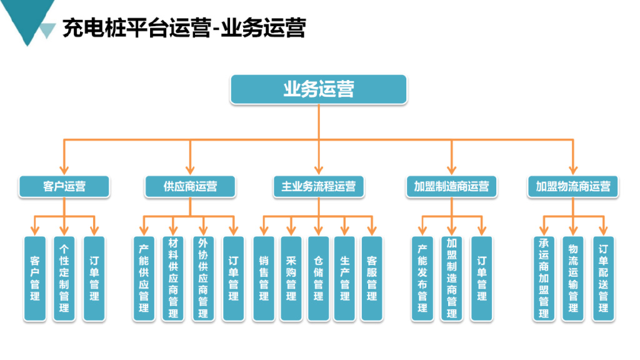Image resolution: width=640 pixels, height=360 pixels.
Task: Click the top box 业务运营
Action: (x=319, y=89)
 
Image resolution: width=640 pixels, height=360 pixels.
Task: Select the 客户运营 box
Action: (x=64, y=186)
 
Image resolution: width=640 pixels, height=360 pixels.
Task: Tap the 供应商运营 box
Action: (x=190, y=186)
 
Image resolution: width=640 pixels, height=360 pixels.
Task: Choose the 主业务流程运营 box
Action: (x=319, y=186)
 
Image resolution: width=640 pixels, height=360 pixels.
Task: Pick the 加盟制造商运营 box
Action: (x=451, y=186)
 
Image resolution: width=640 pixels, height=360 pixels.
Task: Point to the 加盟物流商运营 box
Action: (x=573, y=186)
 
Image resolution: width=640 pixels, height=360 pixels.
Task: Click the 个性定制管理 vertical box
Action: (x=64, y=278)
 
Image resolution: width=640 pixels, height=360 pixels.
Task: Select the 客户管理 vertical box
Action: (x=35, y=278)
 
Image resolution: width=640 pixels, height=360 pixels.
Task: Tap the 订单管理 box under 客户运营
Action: (x=94, y=278)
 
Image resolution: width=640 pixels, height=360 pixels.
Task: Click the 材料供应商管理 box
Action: (x=173, y=278)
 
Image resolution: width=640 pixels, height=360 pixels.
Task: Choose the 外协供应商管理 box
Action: (x=202, y=278)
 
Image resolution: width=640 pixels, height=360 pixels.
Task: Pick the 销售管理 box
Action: (x=263, y=278)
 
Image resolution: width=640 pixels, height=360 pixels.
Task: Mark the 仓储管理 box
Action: (x=318, y=278)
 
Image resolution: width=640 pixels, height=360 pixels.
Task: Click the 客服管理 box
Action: (x=372, y=278)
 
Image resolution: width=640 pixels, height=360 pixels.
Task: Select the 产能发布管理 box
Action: (x=422, y=278)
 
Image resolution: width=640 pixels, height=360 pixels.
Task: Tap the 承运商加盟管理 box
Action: (x=544, y=278)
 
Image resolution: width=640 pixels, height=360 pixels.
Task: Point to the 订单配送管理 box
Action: (x=603, y=278)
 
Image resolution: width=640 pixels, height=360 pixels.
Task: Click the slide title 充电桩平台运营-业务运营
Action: (x=184, y=28)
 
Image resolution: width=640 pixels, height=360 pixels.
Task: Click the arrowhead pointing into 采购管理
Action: (x=291, y=231)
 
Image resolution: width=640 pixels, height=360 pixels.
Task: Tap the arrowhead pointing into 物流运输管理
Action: (x=572, y=231)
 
